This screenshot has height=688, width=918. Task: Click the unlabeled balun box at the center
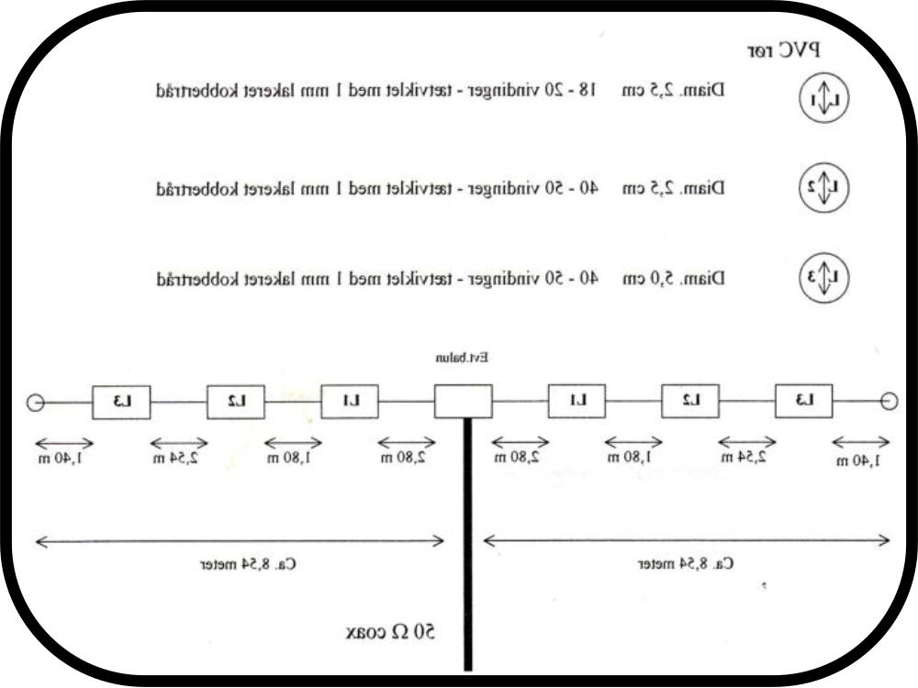[463, 401]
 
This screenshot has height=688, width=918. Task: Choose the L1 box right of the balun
[577, 401]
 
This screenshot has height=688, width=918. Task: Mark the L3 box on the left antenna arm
[121, 401]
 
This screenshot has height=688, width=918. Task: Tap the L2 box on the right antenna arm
[690, 401]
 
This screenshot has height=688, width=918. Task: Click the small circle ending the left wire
[35, 402]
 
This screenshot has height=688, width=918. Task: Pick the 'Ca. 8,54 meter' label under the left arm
[249, 564]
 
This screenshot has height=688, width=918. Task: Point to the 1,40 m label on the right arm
[859, 460]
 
